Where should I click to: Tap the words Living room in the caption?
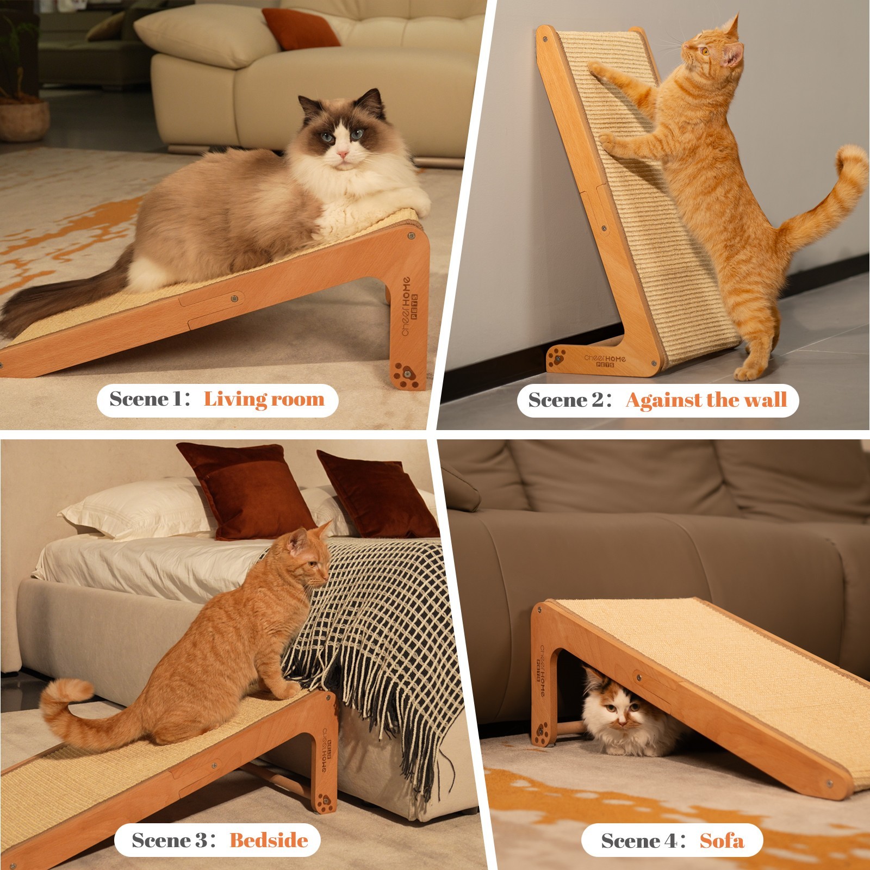264,400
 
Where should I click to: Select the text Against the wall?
706,401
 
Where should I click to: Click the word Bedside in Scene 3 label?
269,841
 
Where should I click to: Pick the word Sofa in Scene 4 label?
722,841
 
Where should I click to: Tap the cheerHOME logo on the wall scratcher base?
605,361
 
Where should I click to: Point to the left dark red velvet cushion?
245,489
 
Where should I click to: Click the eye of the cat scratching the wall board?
705,52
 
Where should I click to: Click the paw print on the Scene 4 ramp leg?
542,731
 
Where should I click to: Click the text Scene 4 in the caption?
639,841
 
